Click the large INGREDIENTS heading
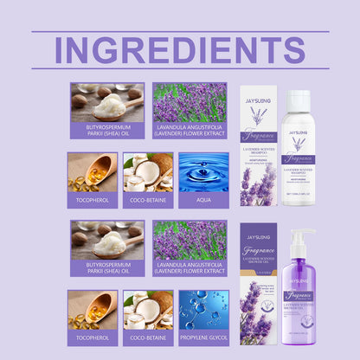click(x=180, y=49)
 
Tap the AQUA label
click(x=203, y=200)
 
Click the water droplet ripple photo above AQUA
click(x=203, y=172)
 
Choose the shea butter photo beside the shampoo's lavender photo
click(x=107, y=101)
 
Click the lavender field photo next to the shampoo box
click(x=190, y=101)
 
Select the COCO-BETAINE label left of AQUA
click(x=148, y=200)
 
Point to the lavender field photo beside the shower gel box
click(x=190, y=240)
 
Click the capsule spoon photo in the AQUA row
click(x=93, y=172)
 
